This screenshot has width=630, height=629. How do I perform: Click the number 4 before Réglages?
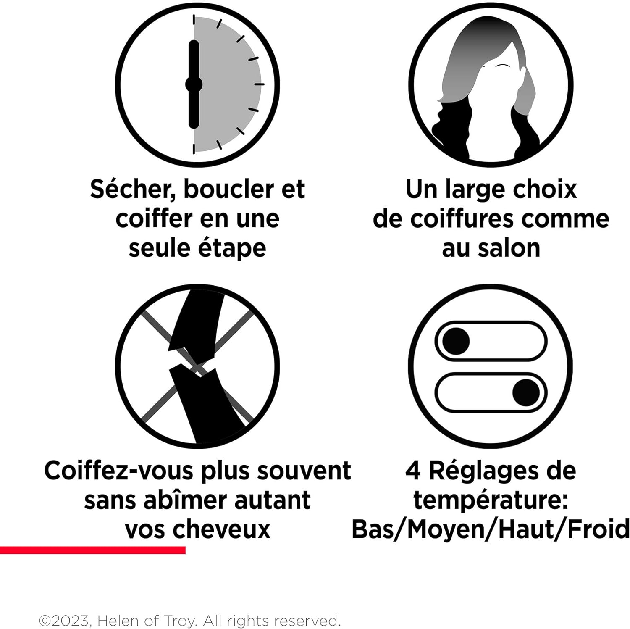click(412, 471)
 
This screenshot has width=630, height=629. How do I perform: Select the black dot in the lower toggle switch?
click(526, 392)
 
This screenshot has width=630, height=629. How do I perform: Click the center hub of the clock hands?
click(194, 84)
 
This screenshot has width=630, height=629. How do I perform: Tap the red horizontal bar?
click(92, 550)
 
